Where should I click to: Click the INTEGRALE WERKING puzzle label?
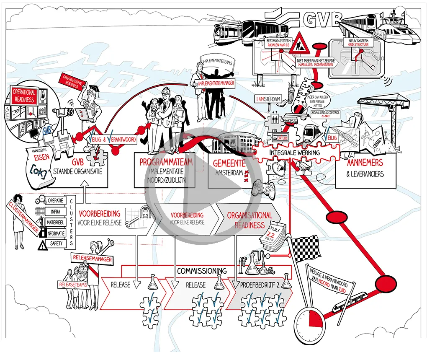click(x=295, y=153)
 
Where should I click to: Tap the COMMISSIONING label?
click(x=201, y=271)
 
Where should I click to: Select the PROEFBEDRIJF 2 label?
click(x=260, y=285)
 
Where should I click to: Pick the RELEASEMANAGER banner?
click(x=92, y=259)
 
